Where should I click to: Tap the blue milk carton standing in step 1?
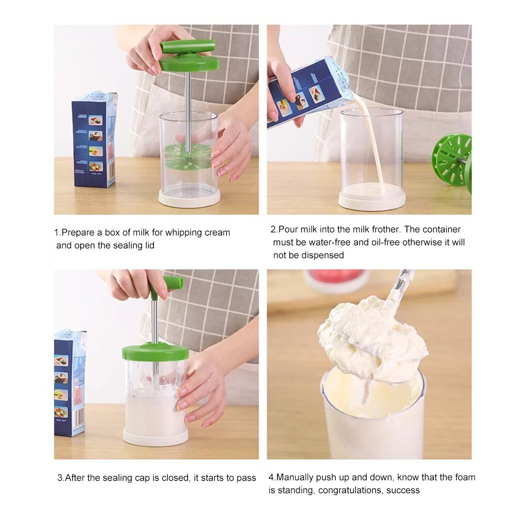point(95,139)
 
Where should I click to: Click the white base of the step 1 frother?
point(189,198)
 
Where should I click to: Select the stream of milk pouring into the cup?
point(372,145)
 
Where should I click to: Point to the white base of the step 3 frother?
point(155,437)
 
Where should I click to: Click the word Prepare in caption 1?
point(79,233)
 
